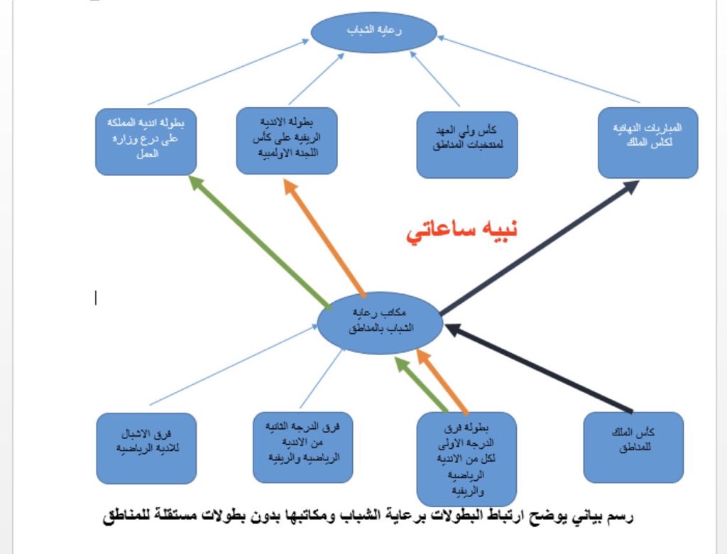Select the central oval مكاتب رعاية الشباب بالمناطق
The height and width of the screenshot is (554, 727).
tap(380, 323)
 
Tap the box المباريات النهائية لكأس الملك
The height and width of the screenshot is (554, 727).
tap(647, 143)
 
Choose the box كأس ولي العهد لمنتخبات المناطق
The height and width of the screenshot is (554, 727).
tap(467, 143)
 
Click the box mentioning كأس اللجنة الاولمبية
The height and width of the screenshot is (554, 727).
tap(286, 140)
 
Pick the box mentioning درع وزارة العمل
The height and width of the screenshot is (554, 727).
tap(146, 140)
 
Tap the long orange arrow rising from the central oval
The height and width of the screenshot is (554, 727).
tap(324, 237)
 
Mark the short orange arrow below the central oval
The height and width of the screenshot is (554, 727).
tap(443, 381)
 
